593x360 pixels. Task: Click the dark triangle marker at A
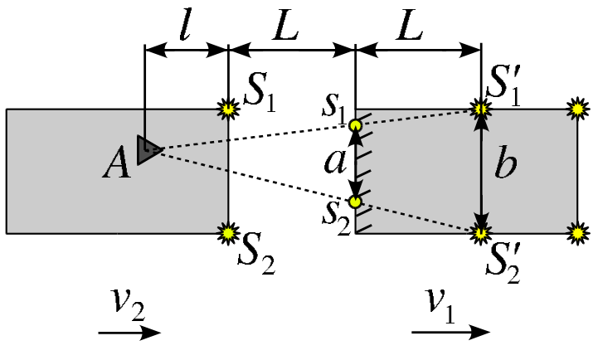148,150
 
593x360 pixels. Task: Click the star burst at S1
228,109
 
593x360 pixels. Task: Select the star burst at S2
228,233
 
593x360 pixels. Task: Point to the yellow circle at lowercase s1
355,125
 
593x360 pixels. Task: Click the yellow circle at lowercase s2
355,202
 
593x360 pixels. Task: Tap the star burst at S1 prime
481,109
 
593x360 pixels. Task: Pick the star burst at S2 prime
481,233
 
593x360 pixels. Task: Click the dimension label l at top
185,27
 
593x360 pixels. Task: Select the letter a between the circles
335,163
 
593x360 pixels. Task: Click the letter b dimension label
505,163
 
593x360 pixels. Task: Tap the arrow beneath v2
129,333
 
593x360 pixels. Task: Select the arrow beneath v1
450,333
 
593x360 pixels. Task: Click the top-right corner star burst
577,109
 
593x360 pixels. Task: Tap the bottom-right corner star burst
577,233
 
